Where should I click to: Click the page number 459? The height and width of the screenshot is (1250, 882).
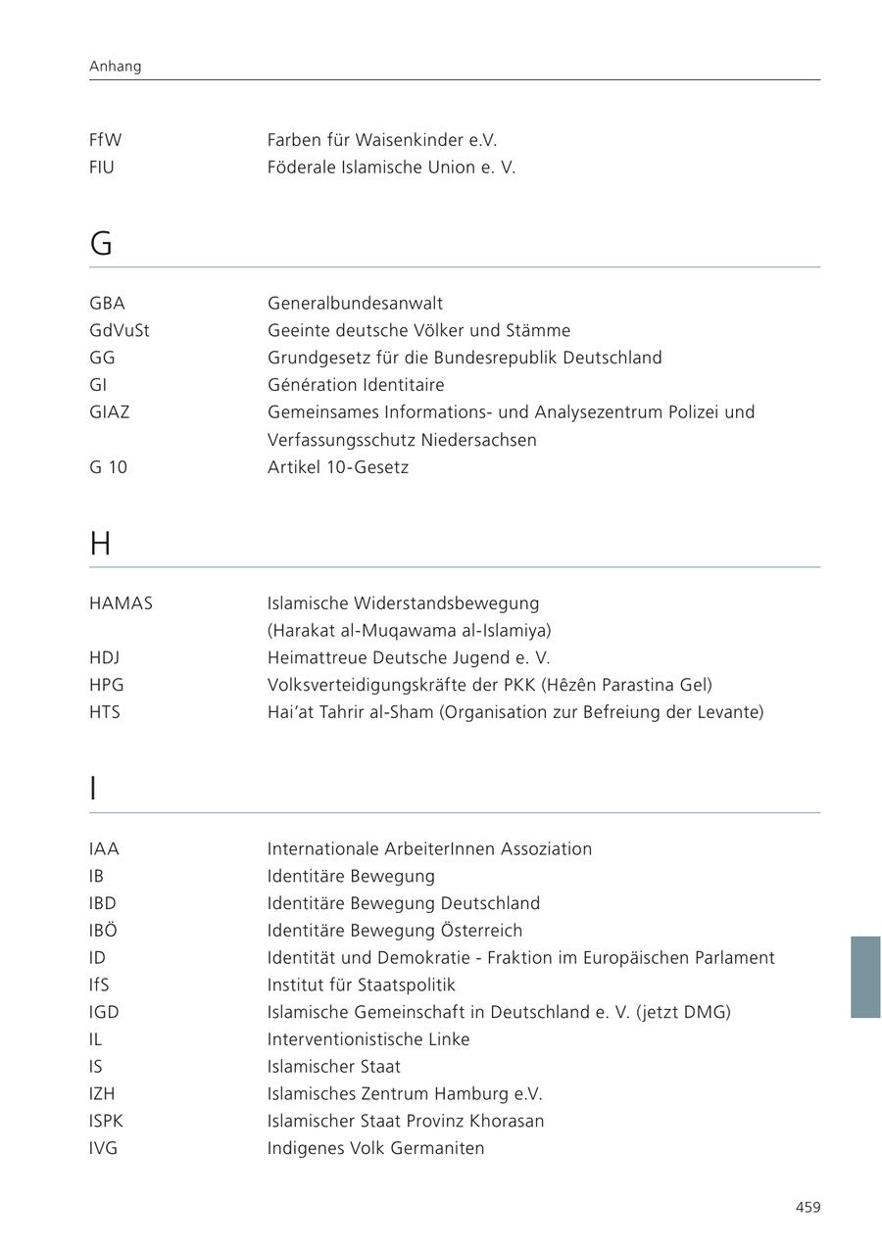tap(808, 1208)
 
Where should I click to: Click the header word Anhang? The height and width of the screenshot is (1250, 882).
tap(115, 67)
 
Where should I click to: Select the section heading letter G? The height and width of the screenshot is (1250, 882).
tap(101, 244)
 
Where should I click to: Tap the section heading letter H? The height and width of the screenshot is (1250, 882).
tap(100, 544)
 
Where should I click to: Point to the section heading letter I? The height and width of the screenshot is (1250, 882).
tap(93, 789)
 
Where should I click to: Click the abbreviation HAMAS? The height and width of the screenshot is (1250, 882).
tap(121, 603)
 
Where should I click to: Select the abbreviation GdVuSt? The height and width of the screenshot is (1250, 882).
tap(119, 331)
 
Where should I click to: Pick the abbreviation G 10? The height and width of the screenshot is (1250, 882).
tap(108, 467)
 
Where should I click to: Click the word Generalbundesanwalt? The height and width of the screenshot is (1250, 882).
tap(355, 304)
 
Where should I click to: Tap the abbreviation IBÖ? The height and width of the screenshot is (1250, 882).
tap(103, 931)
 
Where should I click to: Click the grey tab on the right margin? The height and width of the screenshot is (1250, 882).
tap(865, 977)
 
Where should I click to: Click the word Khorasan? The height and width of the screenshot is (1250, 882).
tap(504, 1121)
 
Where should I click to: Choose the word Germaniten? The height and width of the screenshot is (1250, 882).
tap(437, 1148)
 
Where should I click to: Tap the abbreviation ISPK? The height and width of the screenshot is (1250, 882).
tap(106, 1121)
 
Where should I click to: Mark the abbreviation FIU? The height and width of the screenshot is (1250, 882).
tap(102, 168)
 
